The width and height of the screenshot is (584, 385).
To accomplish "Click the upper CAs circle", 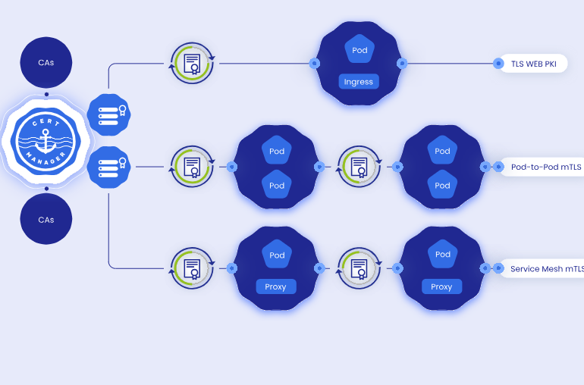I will [x=46, y=63].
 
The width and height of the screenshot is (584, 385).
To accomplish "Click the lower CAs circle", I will [x=46, y=219].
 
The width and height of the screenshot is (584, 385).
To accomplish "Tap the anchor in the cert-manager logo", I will [x=46, y=140].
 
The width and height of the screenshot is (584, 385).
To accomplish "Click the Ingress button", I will [x=359, y=81].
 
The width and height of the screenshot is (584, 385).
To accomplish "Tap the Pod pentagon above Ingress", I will [x=360, y=50].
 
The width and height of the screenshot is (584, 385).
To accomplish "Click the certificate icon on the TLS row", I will [x=193, y=63].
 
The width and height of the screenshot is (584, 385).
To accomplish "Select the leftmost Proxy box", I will [x=275, y=286].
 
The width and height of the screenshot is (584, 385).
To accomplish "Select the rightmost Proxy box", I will [x=441, y=286].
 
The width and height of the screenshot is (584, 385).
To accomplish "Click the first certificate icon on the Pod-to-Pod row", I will [x=193, y=166].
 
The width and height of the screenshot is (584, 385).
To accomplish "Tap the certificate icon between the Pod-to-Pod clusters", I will [x=359, y=166].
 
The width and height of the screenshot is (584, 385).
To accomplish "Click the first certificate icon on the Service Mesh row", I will [x=193, y=268].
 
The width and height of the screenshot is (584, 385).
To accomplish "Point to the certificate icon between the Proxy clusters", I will [x=359, y=268].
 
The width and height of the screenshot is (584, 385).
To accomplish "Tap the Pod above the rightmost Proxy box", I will [x=442, y=255].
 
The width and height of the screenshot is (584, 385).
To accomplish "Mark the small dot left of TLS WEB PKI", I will [x=498, y=64].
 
